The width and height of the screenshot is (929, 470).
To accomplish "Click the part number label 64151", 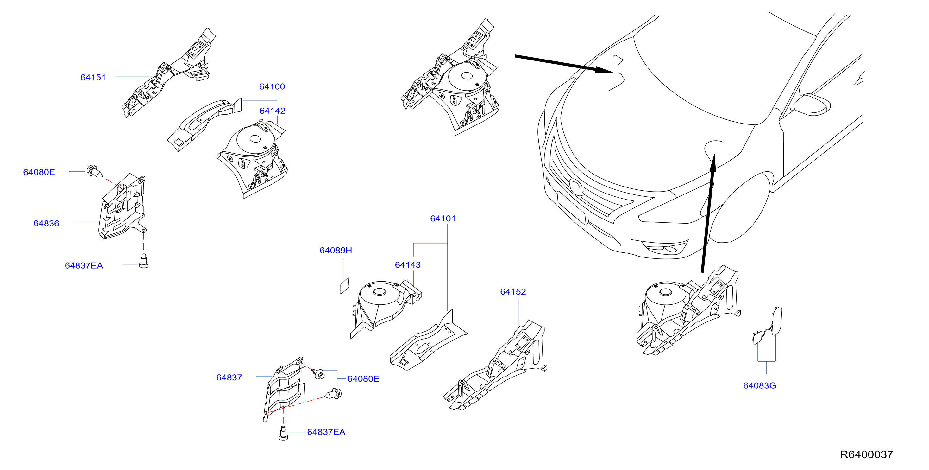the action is click(x=93, y=78).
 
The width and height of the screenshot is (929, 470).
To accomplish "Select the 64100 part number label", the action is click(x=272, y=87).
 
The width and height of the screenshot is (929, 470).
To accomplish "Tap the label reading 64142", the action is click(x=272, y=111).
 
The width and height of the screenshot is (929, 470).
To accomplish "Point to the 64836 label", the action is click(x=46, y=224).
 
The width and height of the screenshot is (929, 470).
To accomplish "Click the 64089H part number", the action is click(x=336, y=251).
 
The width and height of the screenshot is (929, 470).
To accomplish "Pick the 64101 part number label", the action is click(x=443, y=219).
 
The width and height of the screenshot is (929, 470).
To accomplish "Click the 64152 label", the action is click(x=513, y=292).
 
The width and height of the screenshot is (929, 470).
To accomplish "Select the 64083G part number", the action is click(x=759, y=385).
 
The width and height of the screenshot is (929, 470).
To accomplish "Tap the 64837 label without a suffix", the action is click(x=229, y=378).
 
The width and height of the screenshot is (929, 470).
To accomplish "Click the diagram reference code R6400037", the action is click(x=866, y=454).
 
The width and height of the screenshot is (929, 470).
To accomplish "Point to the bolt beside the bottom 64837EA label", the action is click(x=283, y=433).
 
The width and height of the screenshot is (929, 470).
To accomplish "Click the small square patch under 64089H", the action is click(x=344, y=286).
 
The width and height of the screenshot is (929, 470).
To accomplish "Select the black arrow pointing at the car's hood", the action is click(x=563, y=64).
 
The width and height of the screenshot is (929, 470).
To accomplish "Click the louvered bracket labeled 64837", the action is click(x=284, y=389).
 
